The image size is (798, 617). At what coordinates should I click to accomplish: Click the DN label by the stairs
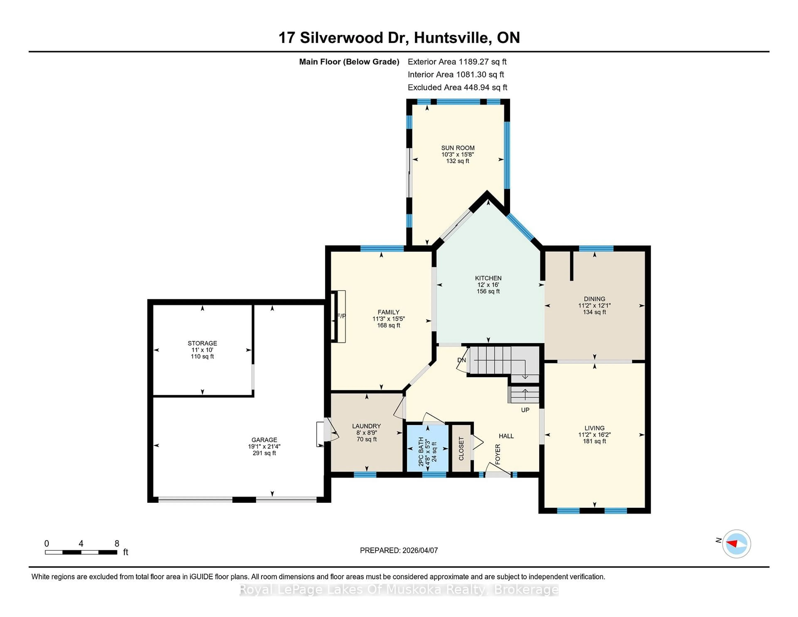(x=462, y=360)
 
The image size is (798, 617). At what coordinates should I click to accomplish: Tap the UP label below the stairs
(x=525, y=410)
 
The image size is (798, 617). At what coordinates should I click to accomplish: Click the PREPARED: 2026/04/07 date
(x=399, y=550)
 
